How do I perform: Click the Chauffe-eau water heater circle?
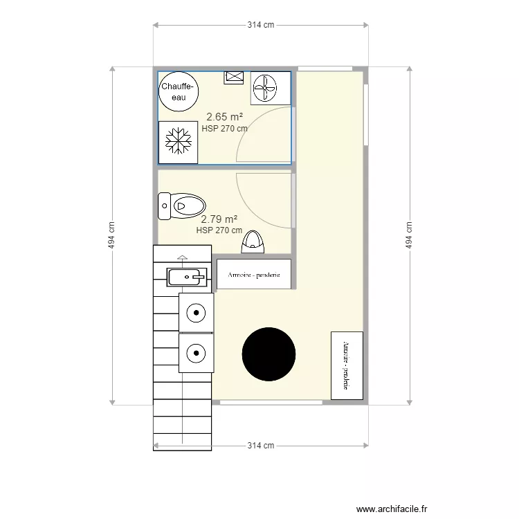[179, 91]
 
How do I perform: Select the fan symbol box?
[271, 88]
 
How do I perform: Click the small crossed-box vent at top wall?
[234, 78]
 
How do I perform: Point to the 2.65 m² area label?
[224, 116]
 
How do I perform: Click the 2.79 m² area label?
[219, 219]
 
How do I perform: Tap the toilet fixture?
[182, 206]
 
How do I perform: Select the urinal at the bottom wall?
[253, 242]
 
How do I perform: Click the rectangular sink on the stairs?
[187, 277]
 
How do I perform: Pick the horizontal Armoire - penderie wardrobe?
[254, 274]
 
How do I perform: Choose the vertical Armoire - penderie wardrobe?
[347, 365]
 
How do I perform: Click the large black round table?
[268, 354]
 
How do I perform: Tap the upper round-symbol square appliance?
[197, 313]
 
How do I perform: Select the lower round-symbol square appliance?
[197, 353]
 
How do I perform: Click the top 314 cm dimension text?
[261, 25]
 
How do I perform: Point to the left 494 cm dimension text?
[111, 235]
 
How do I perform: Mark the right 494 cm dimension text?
[409, 235]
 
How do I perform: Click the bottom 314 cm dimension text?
[261, 446]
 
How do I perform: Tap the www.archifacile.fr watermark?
[392, 509]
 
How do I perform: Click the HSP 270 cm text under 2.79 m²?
[219, 230]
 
